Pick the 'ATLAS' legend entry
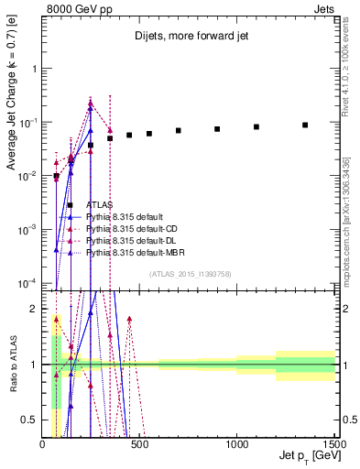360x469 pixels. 99,205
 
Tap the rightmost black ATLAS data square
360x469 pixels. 305,125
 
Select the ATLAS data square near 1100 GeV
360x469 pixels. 256,126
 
